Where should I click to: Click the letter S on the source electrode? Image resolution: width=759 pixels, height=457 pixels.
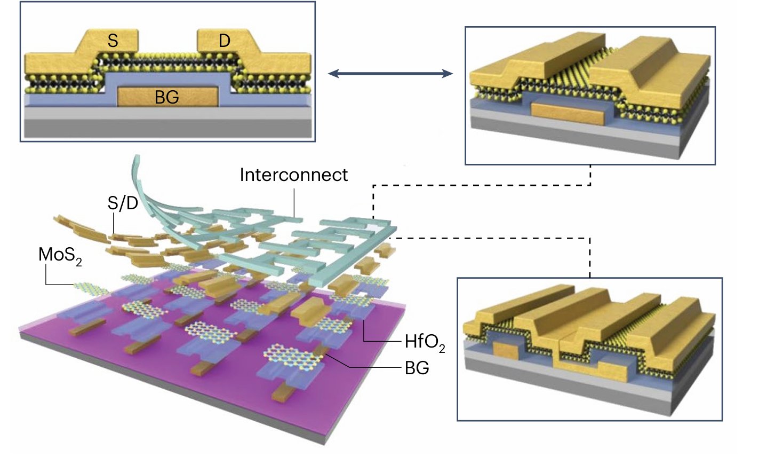(x=113, y=41)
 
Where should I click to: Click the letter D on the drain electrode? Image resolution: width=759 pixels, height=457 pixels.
(x=225, y=41)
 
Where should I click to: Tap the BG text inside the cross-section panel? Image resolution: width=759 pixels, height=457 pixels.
(x=166, y=97)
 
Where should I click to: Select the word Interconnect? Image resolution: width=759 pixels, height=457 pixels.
(x=293, y=175)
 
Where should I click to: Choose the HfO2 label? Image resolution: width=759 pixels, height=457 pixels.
(x=424, y=342)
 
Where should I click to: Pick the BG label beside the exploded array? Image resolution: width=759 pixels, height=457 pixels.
(x=417, y=369)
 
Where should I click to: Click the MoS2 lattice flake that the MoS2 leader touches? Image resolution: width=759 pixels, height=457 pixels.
(x=88, y=288)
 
